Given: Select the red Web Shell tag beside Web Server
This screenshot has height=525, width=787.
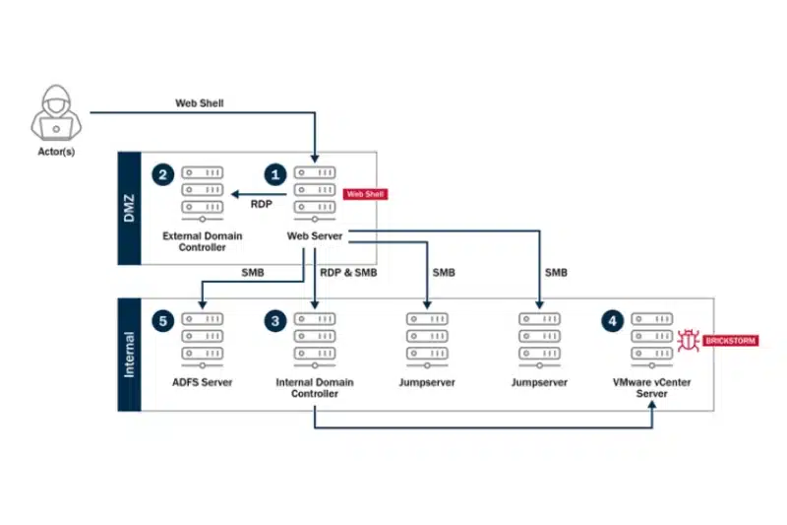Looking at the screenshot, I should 366,194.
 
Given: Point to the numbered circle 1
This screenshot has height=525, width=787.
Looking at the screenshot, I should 276,174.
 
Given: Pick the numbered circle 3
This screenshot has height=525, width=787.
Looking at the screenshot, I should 276,321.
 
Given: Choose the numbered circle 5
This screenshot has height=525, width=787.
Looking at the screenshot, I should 164,321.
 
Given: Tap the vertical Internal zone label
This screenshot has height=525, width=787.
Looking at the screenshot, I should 130,354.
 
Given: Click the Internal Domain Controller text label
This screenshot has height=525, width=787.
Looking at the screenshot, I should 314,387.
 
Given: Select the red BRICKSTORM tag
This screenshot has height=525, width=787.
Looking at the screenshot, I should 730,341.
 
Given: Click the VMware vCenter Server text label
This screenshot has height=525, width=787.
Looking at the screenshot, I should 651,387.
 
